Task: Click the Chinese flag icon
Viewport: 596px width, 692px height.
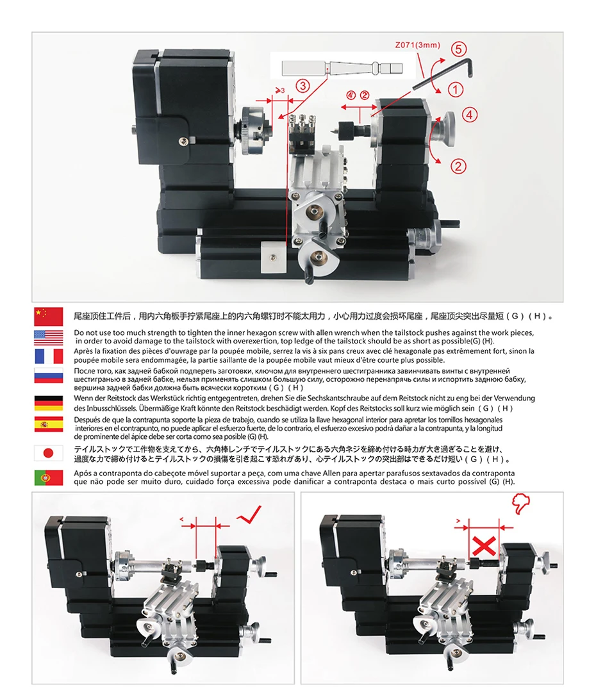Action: pyautogui.click(x=49, y=316)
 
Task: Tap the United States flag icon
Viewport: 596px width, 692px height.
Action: pyautogui.click(x=49, y=336)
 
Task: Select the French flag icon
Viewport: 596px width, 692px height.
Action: pyautogui.click(x=49, y=356)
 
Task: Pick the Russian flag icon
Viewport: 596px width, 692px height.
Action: pyautogui.click(x=49, y=375)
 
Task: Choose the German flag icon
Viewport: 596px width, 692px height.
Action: pyautogui.click(x=49, y=402)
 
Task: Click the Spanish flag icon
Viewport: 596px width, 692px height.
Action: pyautogui.click(x=49, y=424)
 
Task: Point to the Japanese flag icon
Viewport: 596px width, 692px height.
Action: pyautogui.click(x=49, y=452)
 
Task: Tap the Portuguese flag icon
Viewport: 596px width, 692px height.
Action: pyautogui.click(x=49, y=477)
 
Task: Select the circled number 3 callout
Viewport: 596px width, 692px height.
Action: pyautogui.click(x=303, y=85)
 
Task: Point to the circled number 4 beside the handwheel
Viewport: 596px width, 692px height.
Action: pyautogui.click(x=470, y=115)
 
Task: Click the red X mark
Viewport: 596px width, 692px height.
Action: pyautogui.click(x=486, y=547)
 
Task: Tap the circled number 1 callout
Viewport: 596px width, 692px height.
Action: pyautogui.click(x=455, y=90)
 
